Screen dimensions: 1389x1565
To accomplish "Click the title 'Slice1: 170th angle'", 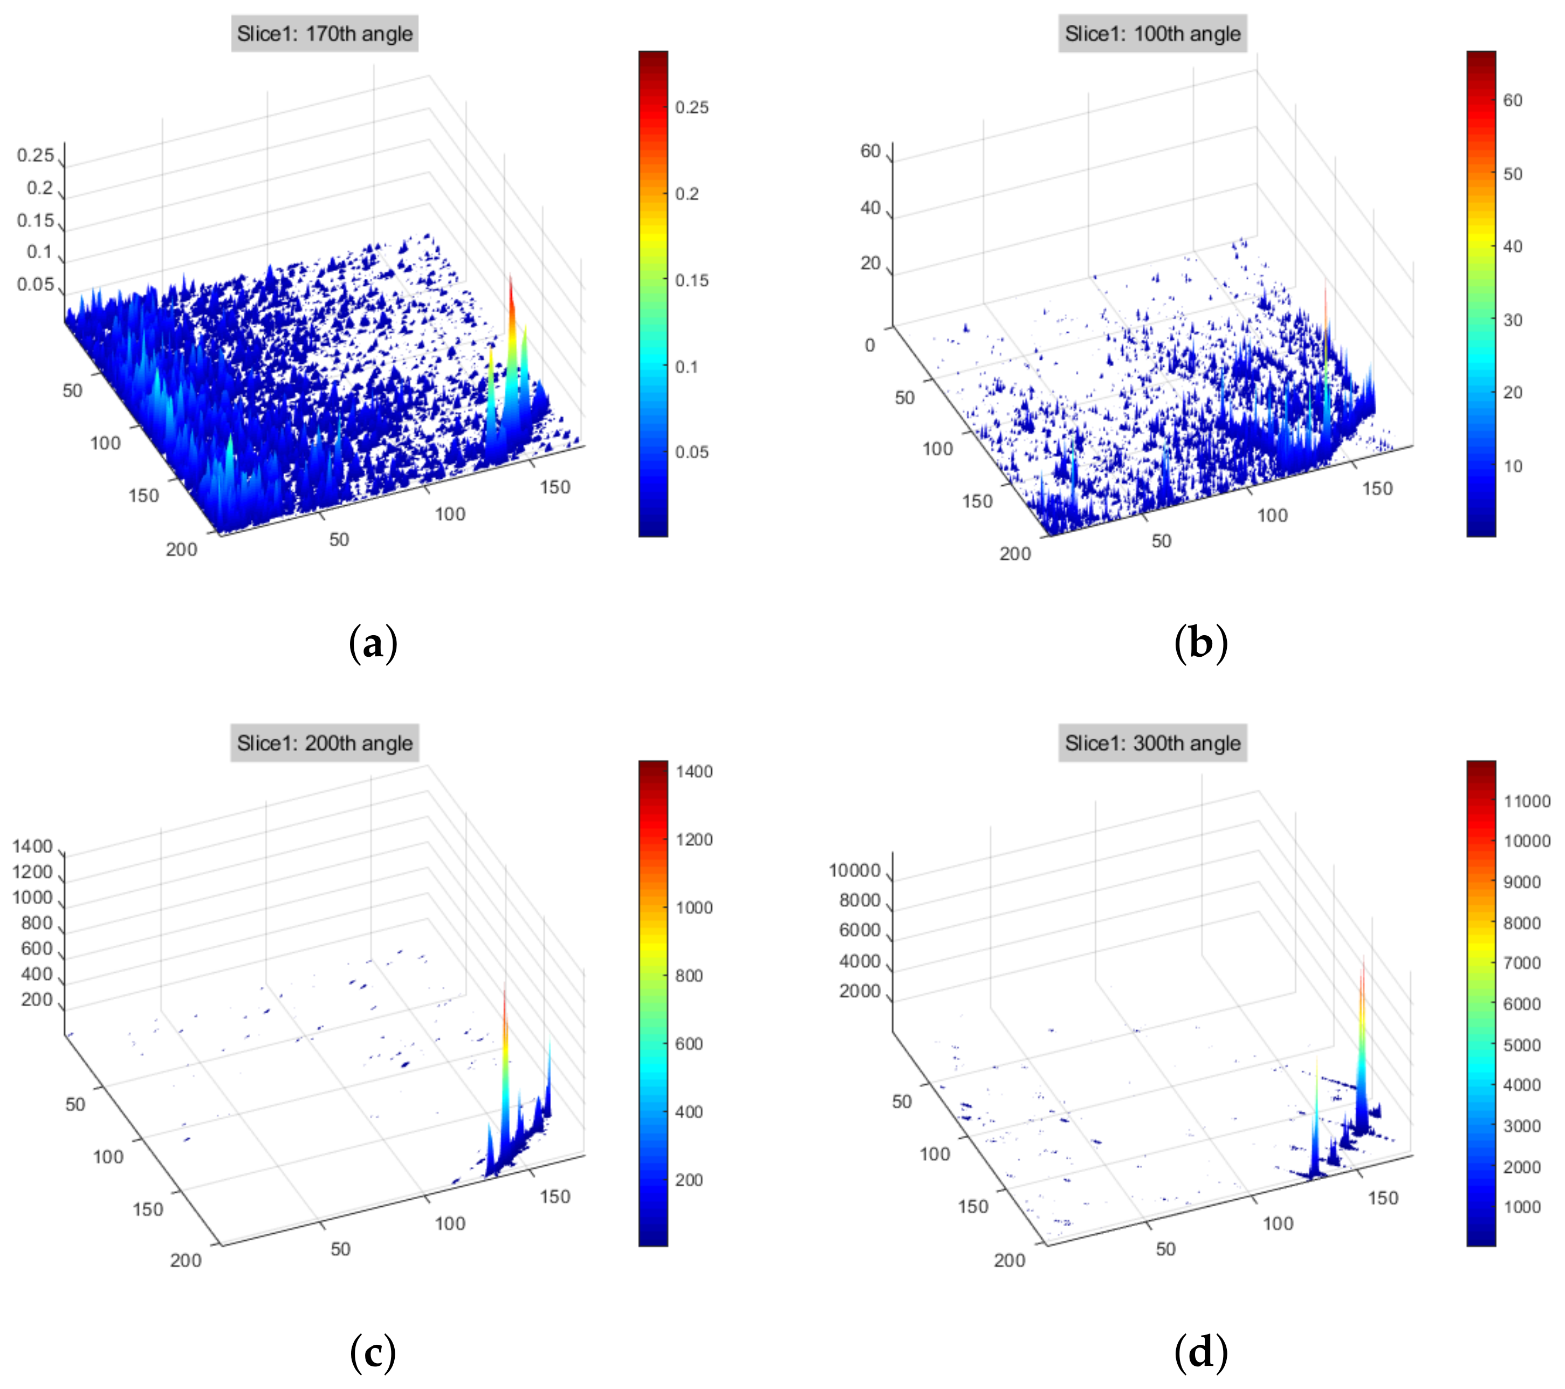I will pos(325,33).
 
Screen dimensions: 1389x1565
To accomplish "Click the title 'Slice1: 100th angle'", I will pos(1152,33).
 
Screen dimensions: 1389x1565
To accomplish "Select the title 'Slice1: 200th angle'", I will pos(325,742).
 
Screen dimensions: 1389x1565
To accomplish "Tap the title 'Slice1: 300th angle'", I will pos(1152,742).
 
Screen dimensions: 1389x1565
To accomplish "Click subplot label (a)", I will pos(373,643).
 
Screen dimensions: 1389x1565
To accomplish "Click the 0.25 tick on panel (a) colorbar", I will pos(691,107).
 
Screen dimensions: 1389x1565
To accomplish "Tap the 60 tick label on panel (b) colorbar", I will pos(1513,100).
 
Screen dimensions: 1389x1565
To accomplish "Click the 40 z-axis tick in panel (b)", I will pos(870,208).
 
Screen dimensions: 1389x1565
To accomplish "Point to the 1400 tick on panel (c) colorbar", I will pos(694,772).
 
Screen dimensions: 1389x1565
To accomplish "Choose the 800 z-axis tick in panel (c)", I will pos(37,923).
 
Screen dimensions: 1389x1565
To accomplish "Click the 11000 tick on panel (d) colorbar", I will pos(1527,801).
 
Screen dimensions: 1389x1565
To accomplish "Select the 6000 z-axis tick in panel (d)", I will pos(859,930).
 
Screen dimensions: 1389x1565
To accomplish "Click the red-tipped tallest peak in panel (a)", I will pos(510,279).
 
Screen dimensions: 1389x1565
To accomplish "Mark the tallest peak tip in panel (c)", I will pos(505,994).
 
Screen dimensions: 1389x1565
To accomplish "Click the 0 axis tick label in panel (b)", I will pos(870,345).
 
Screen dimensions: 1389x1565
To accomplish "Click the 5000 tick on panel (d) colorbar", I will pos(1522,1044).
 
